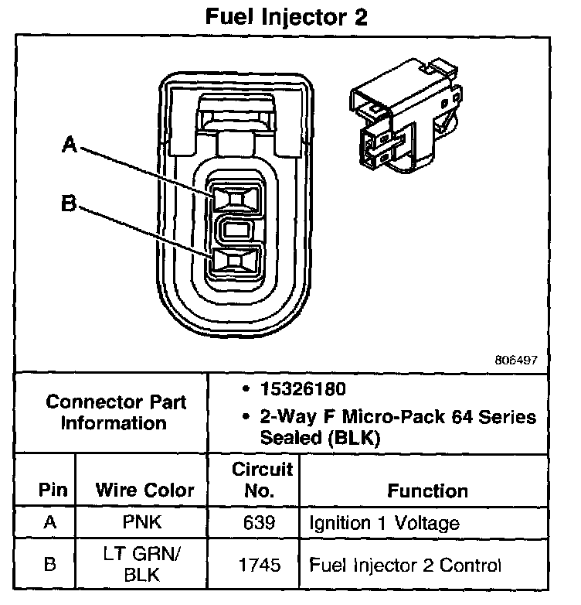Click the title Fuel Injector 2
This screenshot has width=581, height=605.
(x=285, y=18)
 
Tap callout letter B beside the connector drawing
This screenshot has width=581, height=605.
(x=69, y=204)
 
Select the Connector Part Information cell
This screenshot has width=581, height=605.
(x=115, y=412)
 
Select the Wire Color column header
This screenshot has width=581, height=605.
(x=144, y=490)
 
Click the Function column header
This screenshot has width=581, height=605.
(x=427, y=490)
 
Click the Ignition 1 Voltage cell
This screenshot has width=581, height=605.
(x=384, y=523)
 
